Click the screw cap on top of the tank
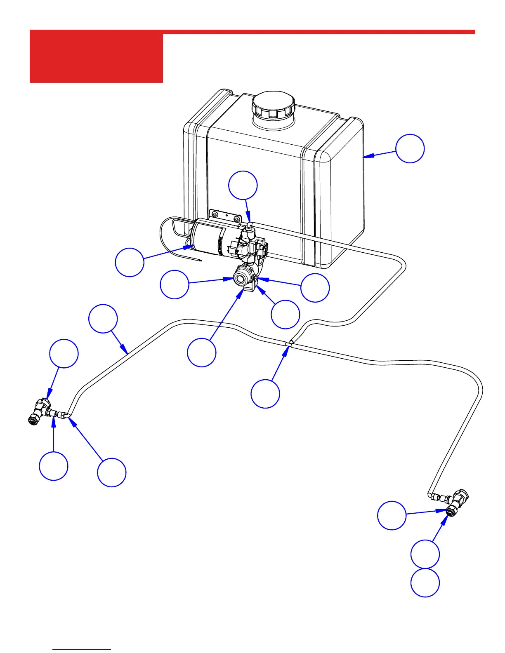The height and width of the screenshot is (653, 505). tap(273, 105)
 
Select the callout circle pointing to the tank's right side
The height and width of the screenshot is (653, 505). tap(410, 148)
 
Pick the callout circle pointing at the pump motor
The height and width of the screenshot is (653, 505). tap(130, 262)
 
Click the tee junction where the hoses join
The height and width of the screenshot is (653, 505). tap(290, 343)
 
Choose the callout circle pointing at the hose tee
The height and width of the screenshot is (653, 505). tap(265, 394)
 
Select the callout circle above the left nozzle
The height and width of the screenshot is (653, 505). tap(64, 353)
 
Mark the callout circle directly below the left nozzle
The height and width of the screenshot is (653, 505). tap(54, 466)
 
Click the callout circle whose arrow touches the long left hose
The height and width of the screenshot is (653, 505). tap(103, 318)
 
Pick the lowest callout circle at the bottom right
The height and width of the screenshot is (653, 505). tap(425, 583)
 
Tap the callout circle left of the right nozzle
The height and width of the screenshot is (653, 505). tap(392, 515)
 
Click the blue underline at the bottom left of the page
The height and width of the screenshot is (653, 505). tap(82, 650)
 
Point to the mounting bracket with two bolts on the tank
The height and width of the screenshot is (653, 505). tap(225, 216)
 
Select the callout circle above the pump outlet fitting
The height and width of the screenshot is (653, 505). tap(243, 185)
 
